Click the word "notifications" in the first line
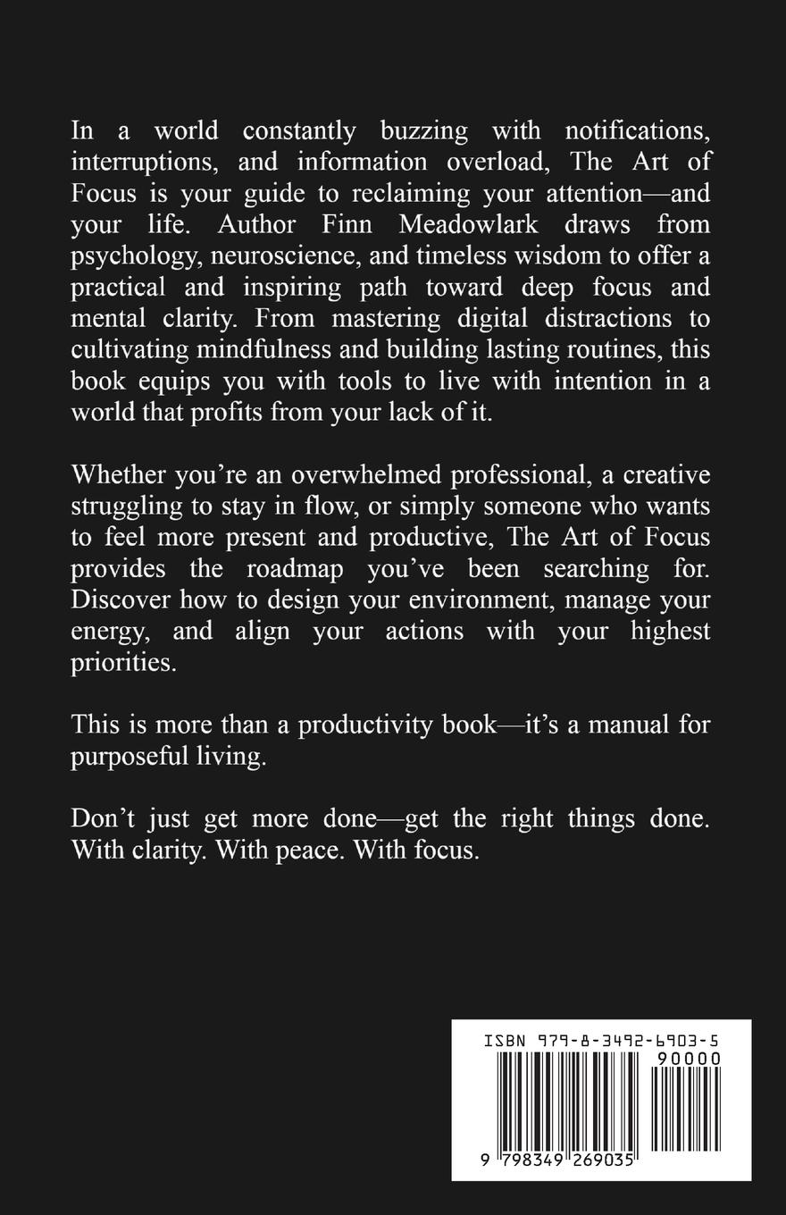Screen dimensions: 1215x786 [638, 130]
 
